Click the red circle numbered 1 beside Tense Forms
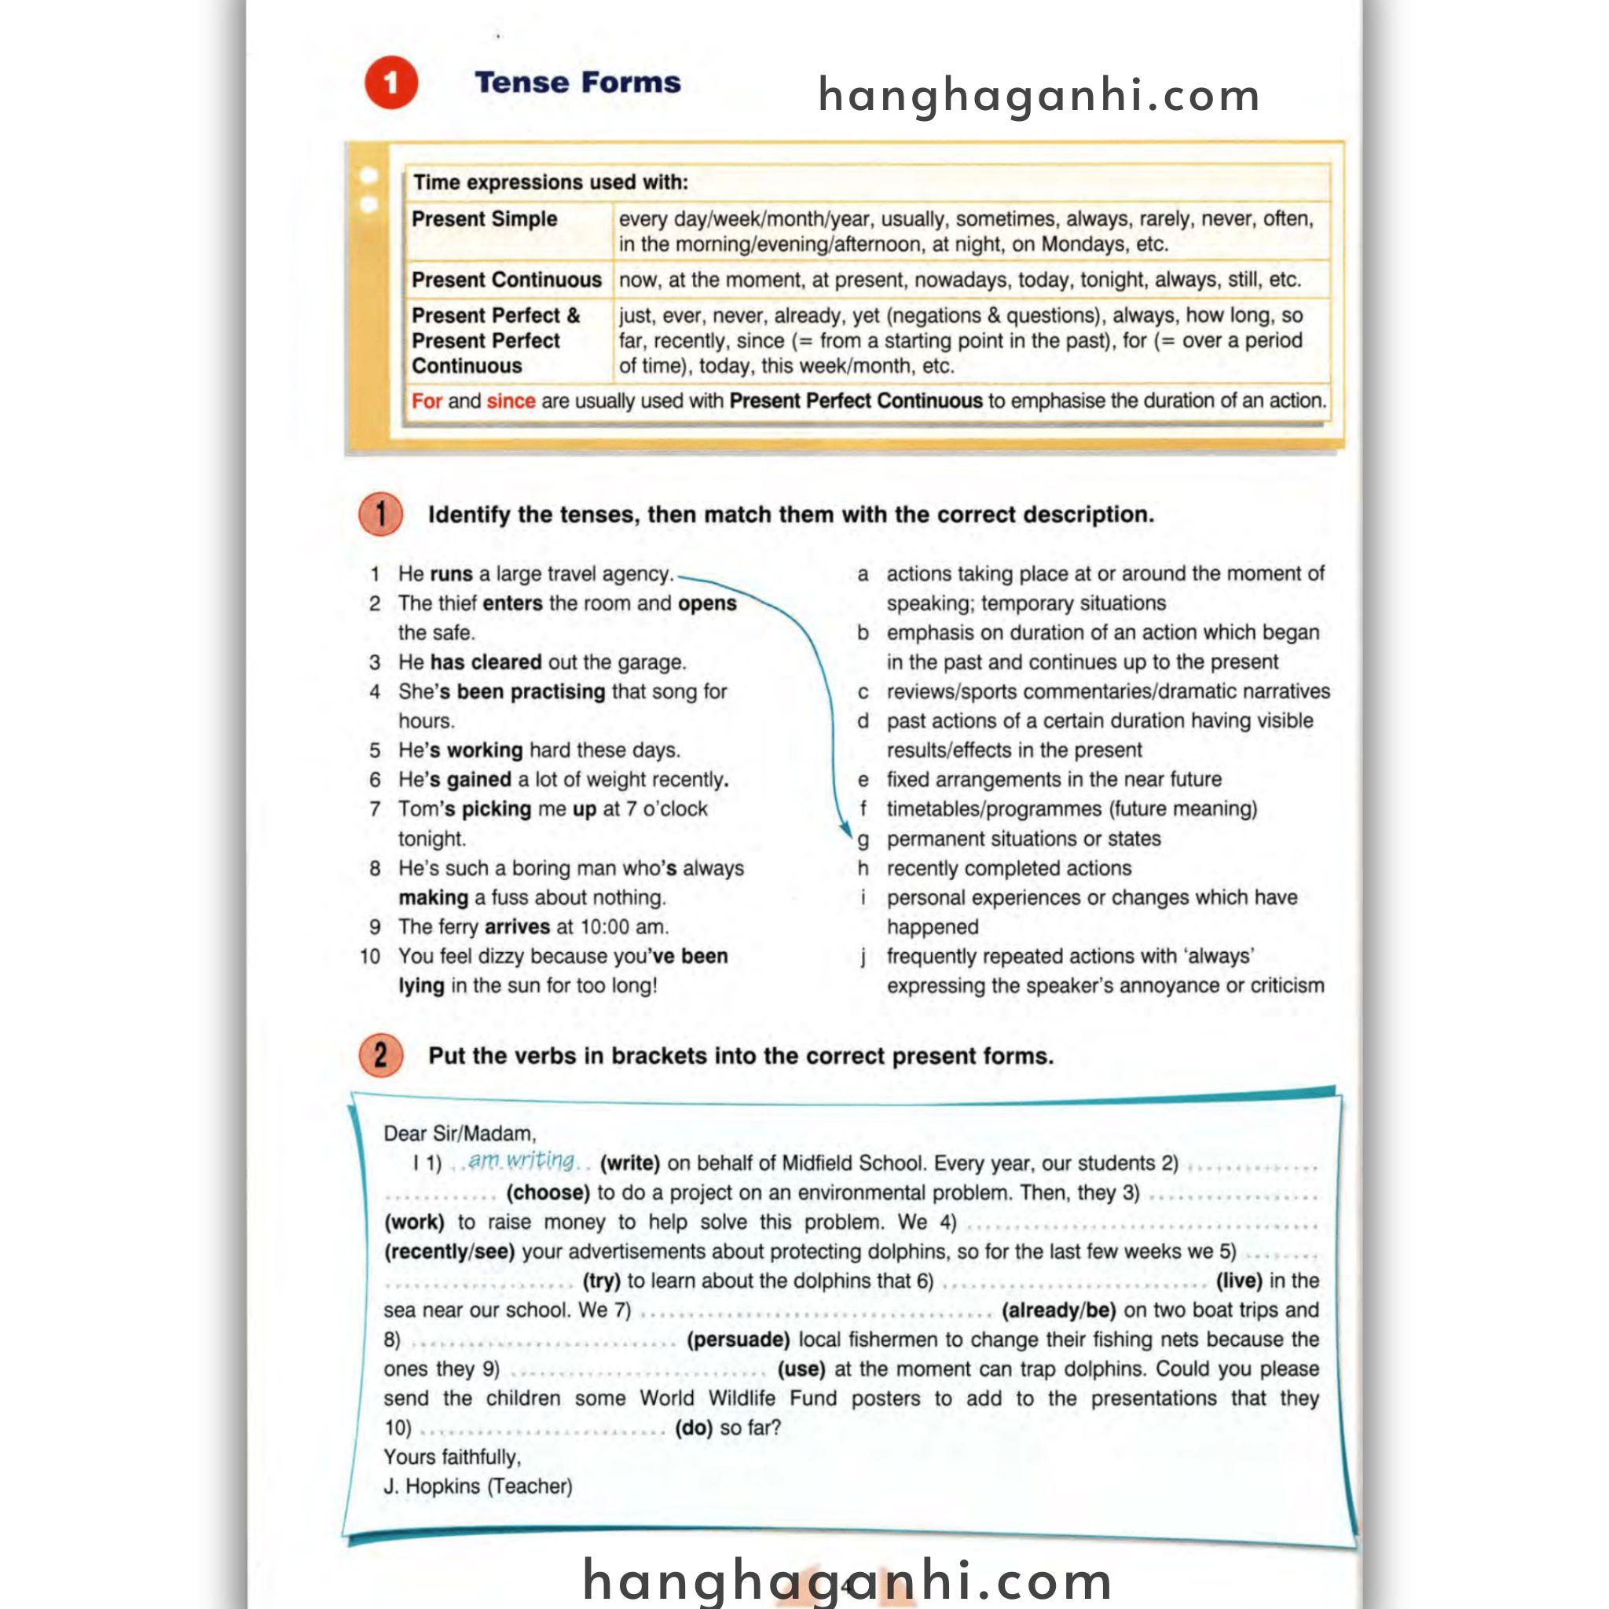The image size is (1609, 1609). click(x=390, y=82)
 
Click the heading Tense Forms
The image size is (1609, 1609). click(x=577, y=82)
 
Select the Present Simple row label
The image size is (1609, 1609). click(x=484, y=219)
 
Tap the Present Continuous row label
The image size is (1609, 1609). click(x=507, y=280)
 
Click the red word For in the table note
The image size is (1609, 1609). click(x=427, y=401)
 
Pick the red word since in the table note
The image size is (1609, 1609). click(x=511, y=401)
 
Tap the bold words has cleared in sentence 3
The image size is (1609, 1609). click(x=486, y=662)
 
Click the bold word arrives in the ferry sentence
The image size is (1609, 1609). click(x=516, y=927)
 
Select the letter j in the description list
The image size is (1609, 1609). click(x=863, y=957)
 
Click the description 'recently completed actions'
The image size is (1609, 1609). click(x=1009, y=868)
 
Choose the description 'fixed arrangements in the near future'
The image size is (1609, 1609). click(x=1054, y=779)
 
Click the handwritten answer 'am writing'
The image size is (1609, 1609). click(x=522, y=1160)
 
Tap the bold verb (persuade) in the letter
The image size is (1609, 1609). click(x=738, y=1340)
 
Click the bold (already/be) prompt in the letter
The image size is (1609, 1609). click(x=1058, y=1310)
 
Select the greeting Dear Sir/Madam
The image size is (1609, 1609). click(x=460, y=1134)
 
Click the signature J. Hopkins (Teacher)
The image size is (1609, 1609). click(x=478, y=1486)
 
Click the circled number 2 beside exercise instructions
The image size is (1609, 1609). click(x=380, y=1055)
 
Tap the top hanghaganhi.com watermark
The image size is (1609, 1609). click(x=1039, y=95)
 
